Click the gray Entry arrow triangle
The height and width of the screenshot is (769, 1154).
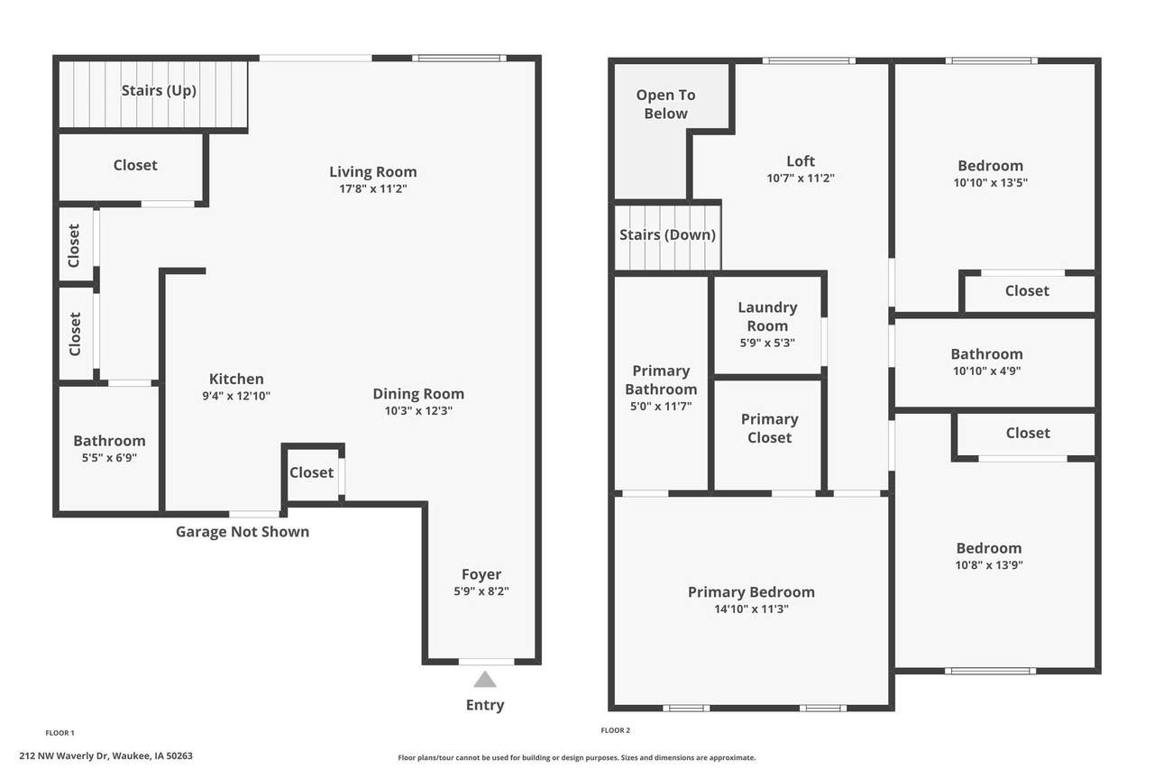coord(485,680)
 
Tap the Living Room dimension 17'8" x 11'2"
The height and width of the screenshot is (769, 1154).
coord(373,188)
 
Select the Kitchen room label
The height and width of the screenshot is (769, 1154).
coord(236,379)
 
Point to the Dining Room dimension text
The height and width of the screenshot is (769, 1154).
coord(418,410)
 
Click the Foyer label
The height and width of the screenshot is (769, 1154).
coord(481,573)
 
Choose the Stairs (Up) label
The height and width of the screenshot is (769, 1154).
coord(159,91)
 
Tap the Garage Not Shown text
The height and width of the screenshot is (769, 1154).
coord(243,532)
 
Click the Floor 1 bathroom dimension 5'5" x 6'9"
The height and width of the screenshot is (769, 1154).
coord(109,457)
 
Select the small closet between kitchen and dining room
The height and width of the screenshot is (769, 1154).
coord(312,472)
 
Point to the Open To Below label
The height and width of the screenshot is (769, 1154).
coord(665,104)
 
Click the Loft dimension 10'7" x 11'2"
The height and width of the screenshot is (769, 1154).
coord(801,179)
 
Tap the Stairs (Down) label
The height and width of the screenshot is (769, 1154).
coord(668,235)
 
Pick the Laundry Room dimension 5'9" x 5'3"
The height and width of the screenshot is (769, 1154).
coord(767,343)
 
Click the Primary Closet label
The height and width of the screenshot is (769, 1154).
coord(770,428)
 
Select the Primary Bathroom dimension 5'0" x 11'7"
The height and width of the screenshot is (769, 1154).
coord(661,407)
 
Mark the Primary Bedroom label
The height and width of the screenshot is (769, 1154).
coord(751,591)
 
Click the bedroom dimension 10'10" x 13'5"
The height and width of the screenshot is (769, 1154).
coord(990,182)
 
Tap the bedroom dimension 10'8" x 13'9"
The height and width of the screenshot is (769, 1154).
coord(989,564)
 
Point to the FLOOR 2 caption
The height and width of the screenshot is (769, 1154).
coord(615,730)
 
